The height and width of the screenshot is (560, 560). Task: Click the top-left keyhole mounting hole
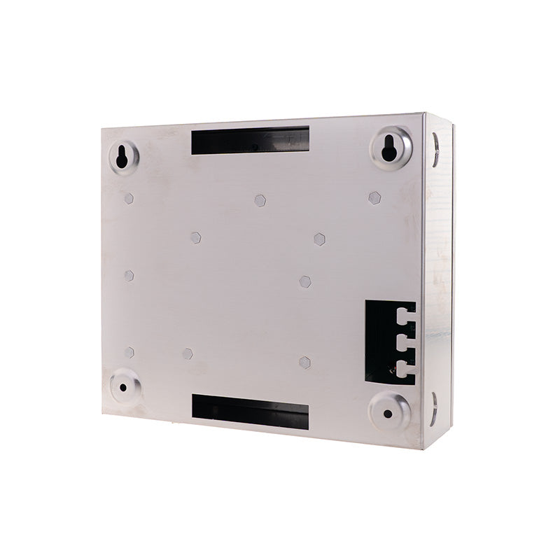(122, 157)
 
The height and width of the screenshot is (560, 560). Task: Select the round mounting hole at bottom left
(122, 386)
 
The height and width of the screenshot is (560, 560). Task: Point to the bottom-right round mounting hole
(388, 413)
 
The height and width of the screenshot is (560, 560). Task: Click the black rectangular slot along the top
(250, 141)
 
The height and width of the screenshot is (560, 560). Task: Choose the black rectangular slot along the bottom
(250, 411)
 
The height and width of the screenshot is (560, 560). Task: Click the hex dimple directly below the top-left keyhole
(129, 198)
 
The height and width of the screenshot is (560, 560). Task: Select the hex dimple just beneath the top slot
(260, 200)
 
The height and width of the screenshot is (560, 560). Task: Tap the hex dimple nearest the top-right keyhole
(374, 198)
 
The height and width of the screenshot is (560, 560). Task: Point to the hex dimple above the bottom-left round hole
(129, 351)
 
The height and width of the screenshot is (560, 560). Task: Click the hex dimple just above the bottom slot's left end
(188, 354)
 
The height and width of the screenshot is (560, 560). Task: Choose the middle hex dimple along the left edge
(129, 276)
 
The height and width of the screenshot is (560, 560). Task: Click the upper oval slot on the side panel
(435, 150)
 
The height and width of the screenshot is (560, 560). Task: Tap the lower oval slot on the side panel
(435, 407)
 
